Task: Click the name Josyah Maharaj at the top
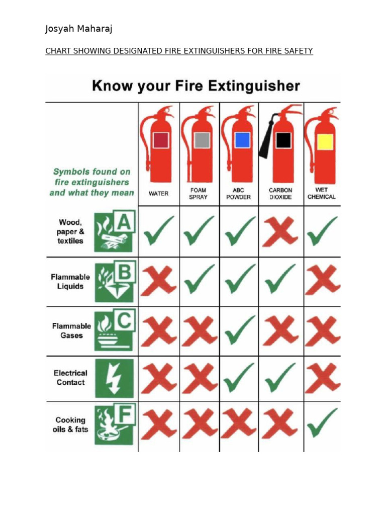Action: click(x=78, y=29)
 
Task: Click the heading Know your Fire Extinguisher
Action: click(x=196, y=86)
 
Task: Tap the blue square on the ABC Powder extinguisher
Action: click(x=242, y=140)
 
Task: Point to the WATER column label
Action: click(x=158, y=194)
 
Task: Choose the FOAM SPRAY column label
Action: click(x=198, y=194)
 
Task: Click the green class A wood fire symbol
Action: click(x=115, y=231)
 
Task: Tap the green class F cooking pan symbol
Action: click(x=115, y=425)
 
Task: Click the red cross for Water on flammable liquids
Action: click(x=158, y=281)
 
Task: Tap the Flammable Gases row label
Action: click(x=71, y=330)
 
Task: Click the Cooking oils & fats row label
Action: click(x=70, y=424)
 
